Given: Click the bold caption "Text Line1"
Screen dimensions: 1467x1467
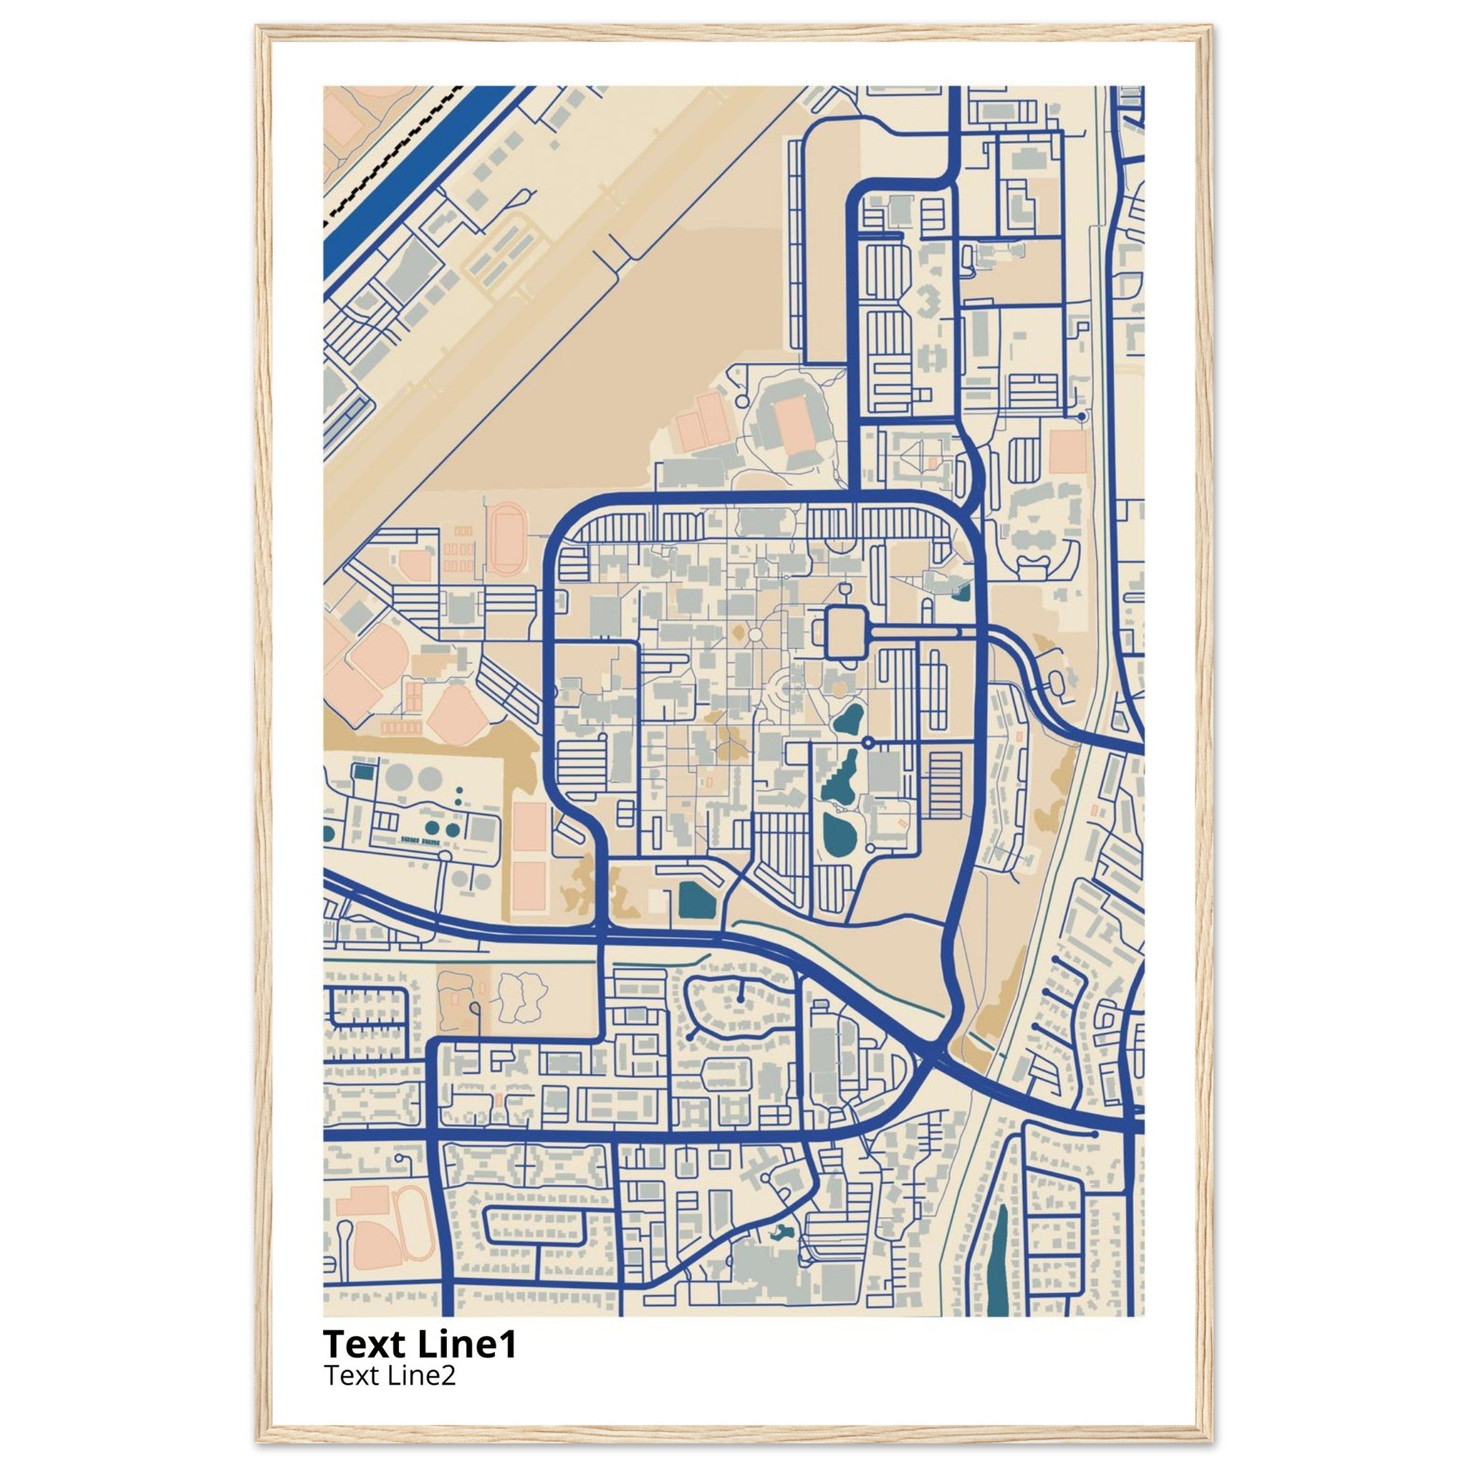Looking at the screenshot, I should (420, 1343).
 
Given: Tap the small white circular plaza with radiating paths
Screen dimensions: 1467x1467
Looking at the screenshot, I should (756, 634).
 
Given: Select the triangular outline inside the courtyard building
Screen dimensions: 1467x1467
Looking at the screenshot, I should (921, 455).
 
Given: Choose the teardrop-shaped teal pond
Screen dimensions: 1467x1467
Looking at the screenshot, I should (848, 717).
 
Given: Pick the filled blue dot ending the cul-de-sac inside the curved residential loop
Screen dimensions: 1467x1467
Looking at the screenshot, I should (739, 1001).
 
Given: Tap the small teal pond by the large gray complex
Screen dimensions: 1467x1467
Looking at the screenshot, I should (779, 1235).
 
